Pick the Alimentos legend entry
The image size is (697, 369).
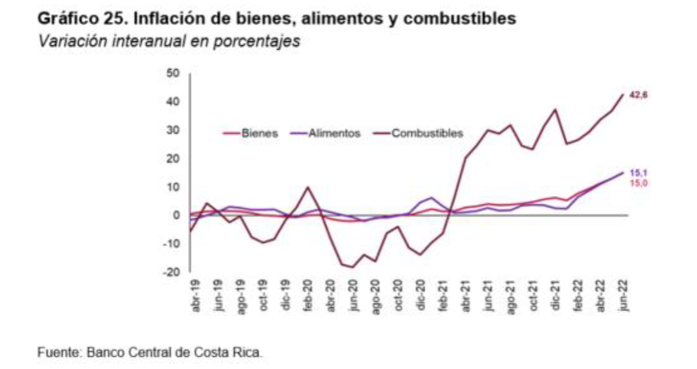point(334,134)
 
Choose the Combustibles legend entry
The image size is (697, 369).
point(427,134)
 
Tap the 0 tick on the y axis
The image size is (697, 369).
point(174,215)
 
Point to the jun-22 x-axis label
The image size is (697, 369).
point(623,297)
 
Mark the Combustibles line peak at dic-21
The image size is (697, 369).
point(556,110)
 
